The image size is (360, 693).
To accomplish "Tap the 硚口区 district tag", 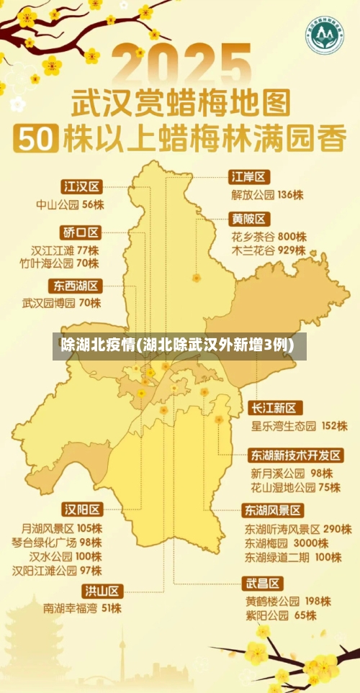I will click(x=81, y=232).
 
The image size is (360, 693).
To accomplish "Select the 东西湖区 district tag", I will click(x=76, y=285).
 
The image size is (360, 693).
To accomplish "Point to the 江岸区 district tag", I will click(x=249, y=177).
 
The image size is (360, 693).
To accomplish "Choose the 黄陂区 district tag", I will click(x=249, y=219).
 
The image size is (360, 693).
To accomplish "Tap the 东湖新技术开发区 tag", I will click(x=296, y=456).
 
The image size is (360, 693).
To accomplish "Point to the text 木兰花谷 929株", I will click(x=268, y=251).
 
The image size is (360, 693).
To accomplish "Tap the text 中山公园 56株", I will click(x=71, y=204).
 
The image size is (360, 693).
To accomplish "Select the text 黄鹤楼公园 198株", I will click(x=287, y=600).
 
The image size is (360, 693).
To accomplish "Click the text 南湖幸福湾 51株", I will click(x=82, y=608).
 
